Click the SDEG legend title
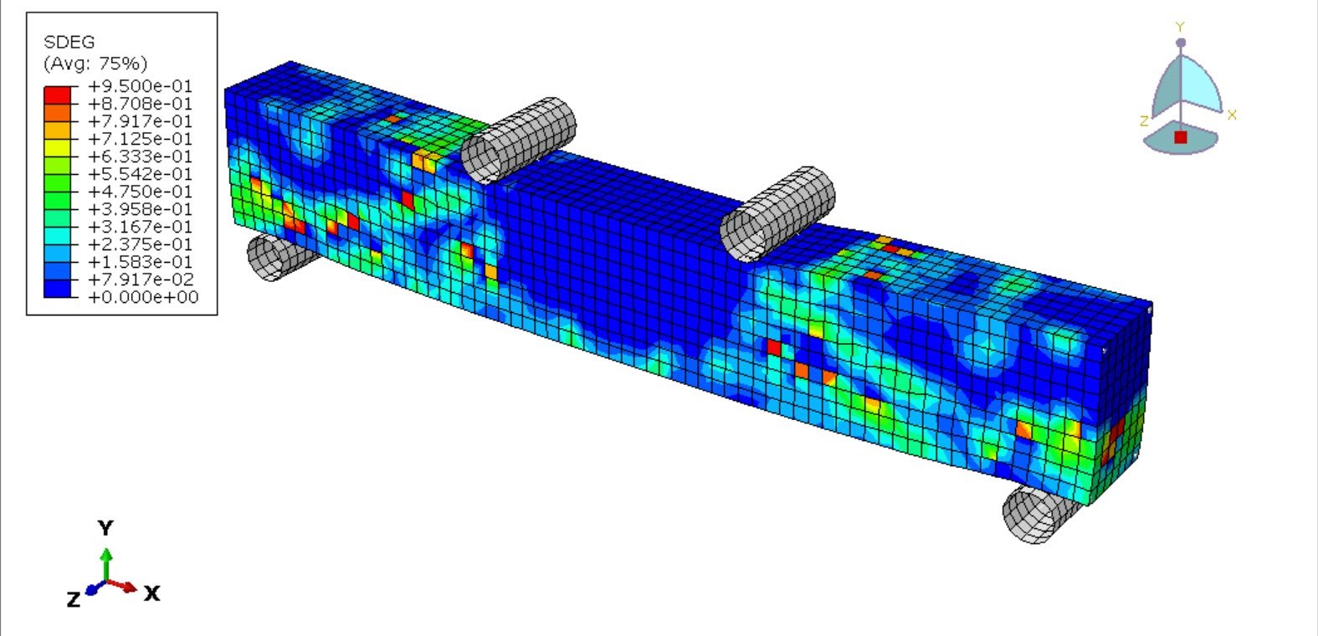tap(69, 42)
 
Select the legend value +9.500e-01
tap(140, 86)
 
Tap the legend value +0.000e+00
tap(143, 297)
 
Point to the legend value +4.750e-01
tap(140, 191)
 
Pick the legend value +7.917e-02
tap(140, 280)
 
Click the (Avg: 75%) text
tap(95, 64)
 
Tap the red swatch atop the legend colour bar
tap(57, 95)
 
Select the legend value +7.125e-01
tap(140, 139)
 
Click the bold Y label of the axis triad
tap(106, 528)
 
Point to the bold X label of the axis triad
tap(152, 593)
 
